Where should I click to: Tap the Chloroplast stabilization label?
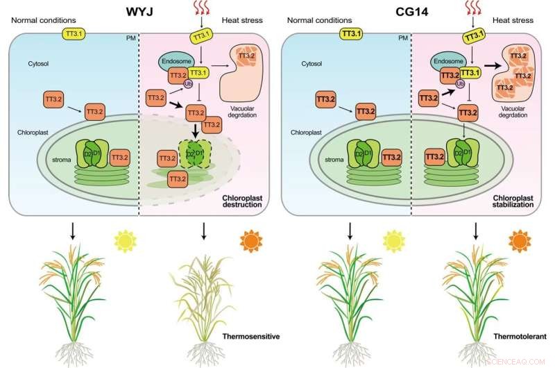pos(515,201)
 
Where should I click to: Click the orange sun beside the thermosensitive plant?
pos(251,242)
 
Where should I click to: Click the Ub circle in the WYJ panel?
pos(187,86)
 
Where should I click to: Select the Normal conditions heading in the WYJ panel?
pos(40,19)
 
